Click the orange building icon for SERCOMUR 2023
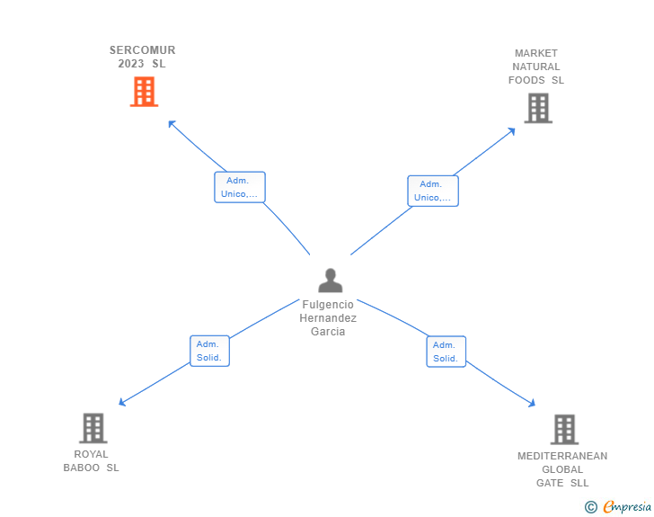point(144,92)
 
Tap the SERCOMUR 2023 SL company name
point(142,57)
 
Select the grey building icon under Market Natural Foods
point(538,108)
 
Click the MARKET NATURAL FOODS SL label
point(536,67)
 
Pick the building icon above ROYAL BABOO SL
point(93,428)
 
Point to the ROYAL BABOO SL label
point(91,461)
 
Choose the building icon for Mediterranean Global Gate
point(564,429)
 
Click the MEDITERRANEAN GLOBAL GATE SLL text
point(562,469)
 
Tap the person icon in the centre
point(331,281)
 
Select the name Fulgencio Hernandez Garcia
point(328,318)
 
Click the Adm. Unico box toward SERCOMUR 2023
point(240,187)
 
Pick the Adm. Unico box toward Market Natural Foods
point(433,191)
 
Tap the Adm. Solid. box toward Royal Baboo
point(209,351)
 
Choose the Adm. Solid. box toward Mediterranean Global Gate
point(446,352)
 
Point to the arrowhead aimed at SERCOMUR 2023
point(172,123)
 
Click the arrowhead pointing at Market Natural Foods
point(512,131)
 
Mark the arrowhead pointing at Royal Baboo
point(122,403)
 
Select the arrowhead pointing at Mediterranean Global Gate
point(532,404)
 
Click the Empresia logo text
point(627,506)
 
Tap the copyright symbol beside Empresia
point(590,507)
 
